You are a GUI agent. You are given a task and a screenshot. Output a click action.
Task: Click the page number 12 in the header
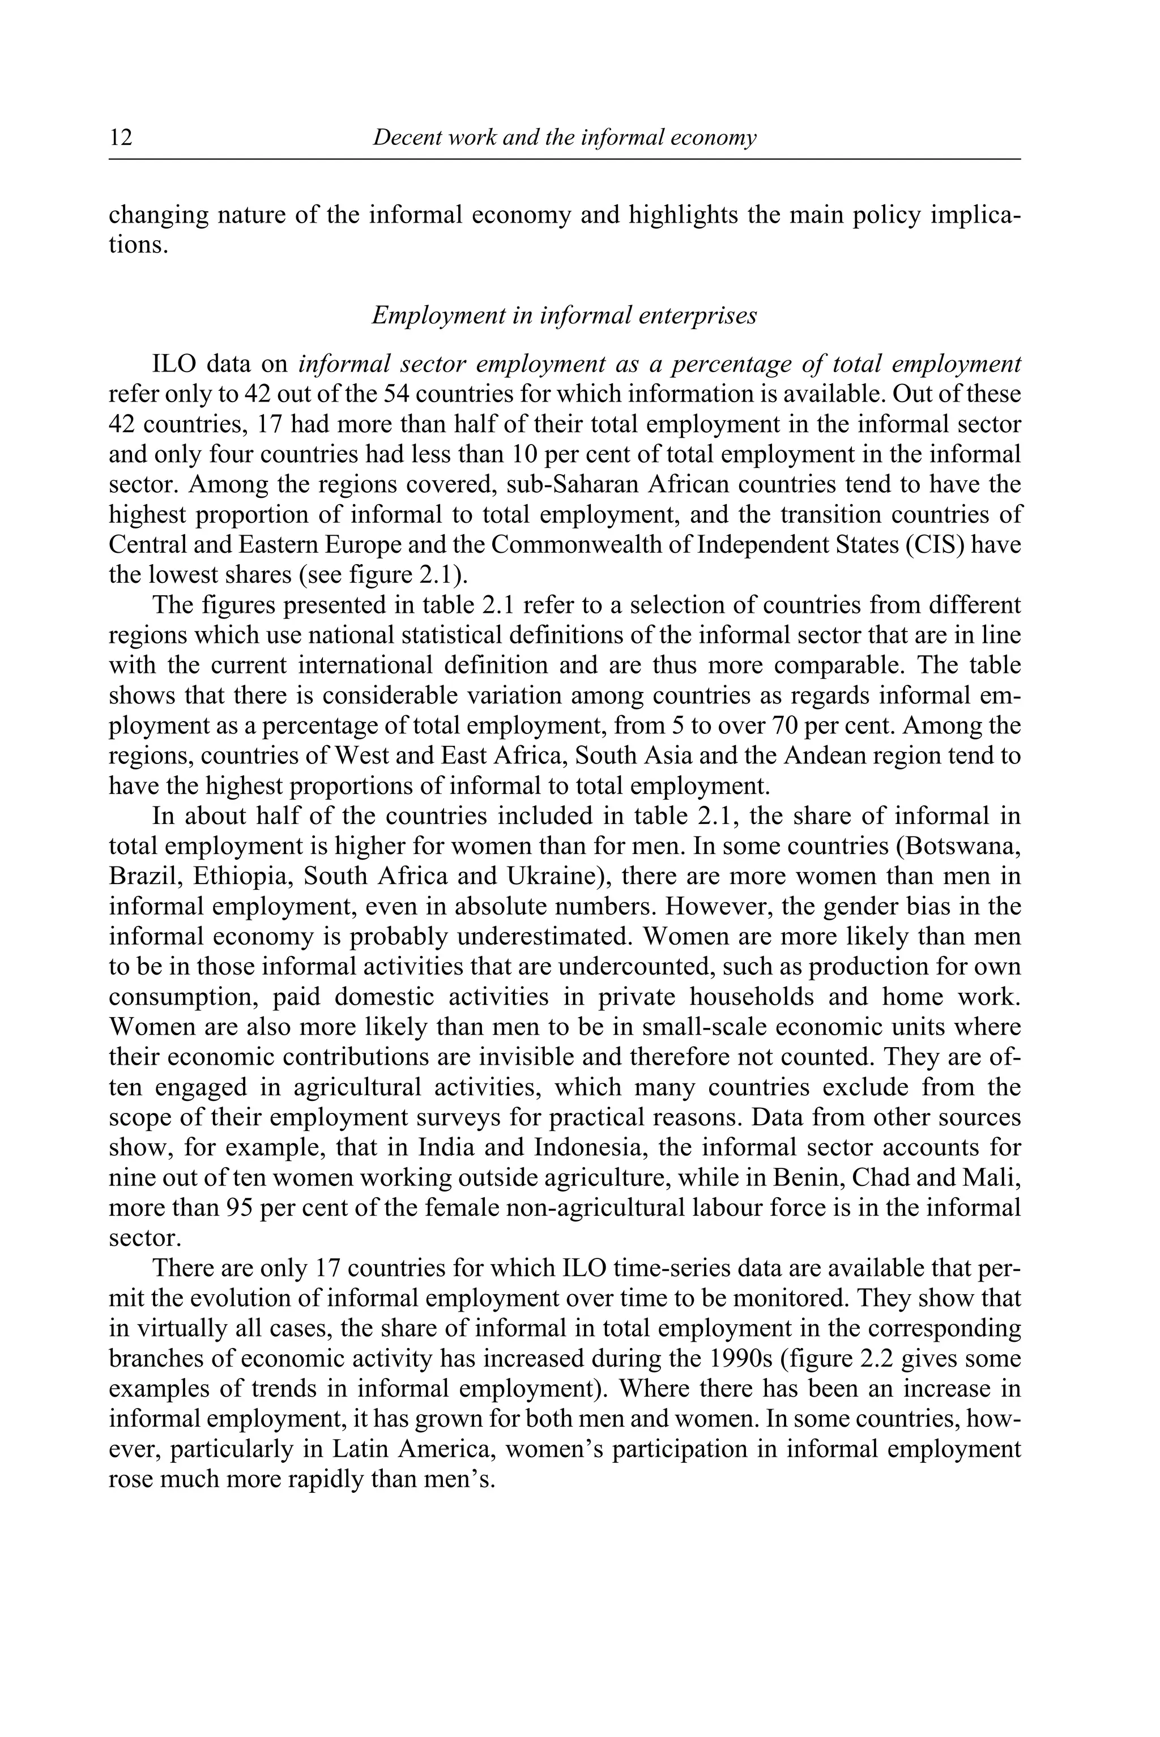pos(121,138)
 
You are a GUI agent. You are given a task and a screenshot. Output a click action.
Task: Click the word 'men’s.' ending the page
pos(457,1479)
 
